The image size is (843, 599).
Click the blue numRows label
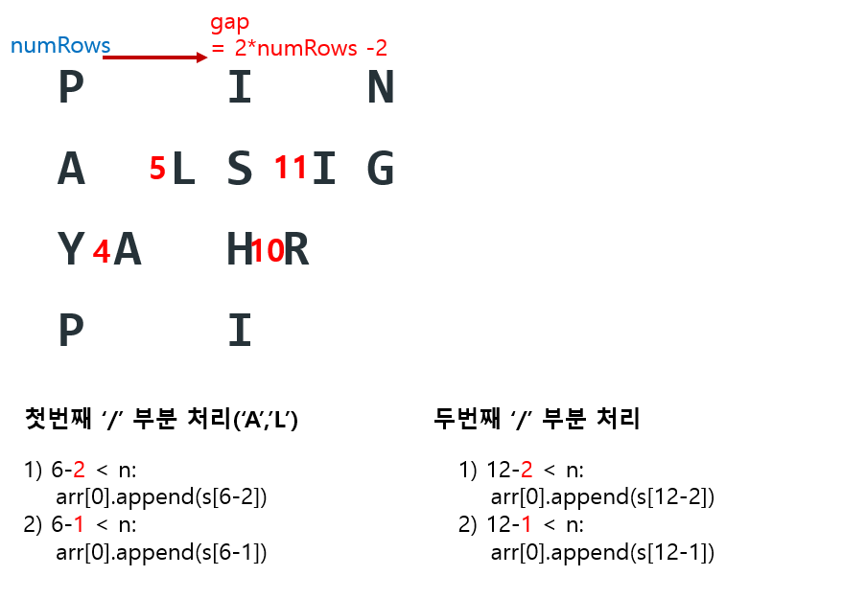[x=59, y=45]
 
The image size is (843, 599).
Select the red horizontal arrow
[x=154, y=58]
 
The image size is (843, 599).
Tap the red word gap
[x=230, y=22]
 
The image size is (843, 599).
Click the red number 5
[x=157, y=169]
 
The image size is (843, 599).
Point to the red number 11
[x=291, y=168]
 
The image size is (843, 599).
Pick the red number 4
[x=101, y=252]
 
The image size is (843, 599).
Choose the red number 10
[x=267, y=251]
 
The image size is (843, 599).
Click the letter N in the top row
[x=381, y=89]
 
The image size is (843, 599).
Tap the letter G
[x=381, y=171]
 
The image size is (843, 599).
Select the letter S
[x=239, y=171]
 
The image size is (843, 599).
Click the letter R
[x=296, y=251]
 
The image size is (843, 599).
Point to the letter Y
[x=71, y=251]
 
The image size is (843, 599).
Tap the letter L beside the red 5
[x=182, y=171]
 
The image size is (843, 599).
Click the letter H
[x=238, y=251]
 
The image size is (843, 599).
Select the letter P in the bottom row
[x=71, y=332]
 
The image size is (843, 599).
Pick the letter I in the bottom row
[x=239, y=332]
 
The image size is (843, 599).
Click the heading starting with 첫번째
[x=161, y=419]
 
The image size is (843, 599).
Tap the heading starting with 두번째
[x=536, y=419]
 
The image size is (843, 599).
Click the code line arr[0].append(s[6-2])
[x=161, y=497]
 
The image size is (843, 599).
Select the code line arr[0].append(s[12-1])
[x=602, y=553]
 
